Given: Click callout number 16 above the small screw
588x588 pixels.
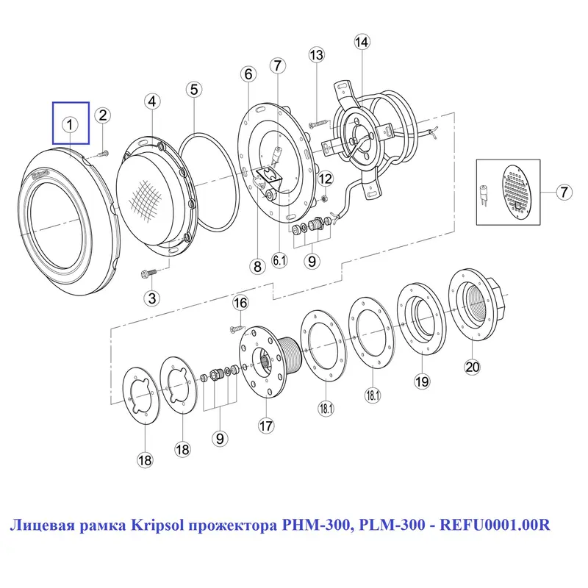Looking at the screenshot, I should [240, 302].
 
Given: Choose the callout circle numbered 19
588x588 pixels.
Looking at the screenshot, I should [421, 381].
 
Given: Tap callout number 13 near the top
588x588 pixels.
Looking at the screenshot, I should [316, 55].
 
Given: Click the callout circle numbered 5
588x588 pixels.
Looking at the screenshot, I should [193, 90].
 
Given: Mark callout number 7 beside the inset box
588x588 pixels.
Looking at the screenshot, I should [563, 193].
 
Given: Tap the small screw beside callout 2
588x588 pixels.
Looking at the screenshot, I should [101, 152].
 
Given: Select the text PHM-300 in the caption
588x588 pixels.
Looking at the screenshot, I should [308, 526].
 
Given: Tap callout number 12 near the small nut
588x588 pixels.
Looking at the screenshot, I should [325, 179].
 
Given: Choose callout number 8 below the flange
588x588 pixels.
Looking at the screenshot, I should [257, 266].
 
